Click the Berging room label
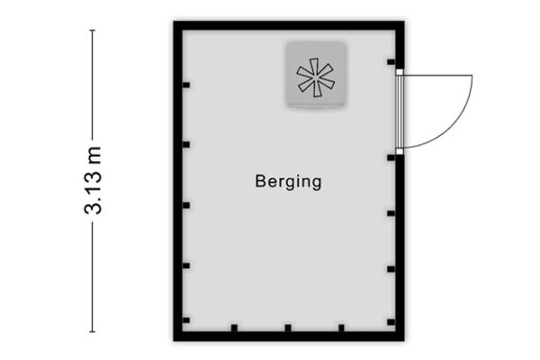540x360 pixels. tap(288, 182)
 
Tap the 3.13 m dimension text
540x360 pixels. tap(93, 180)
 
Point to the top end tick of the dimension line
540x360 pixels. tap(93, 31)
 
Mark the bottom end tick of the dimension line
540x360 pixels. tap(93, 332)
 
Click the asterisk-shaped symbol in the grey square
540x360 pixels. tap(315, 77)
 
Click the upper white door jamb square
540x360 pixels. tap(400, 72)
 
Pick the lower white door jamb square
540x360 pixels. tap(400, 151)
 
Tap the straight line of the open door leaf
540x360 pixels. tap(437, 75)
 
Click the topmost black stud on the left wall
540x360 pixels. tap(186, 85)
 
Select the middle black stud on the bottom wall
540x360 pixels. tap(288, 328)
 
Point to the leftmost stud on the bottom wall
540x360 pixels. tap(234, 328)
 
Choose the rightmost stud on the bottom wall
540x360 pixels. tap(341, 328)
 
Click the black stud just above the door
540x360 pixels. tap(391, 62)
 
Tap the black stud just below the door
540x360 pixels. tap(391, 157)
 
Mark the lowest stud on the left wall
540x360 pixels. tap(186, 320)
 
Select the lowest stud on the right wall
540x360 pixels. tap(391, 322)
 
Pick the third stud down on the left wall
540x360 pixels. tap(186, 205)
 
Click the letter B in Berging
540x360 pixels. tap(259, 181)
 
